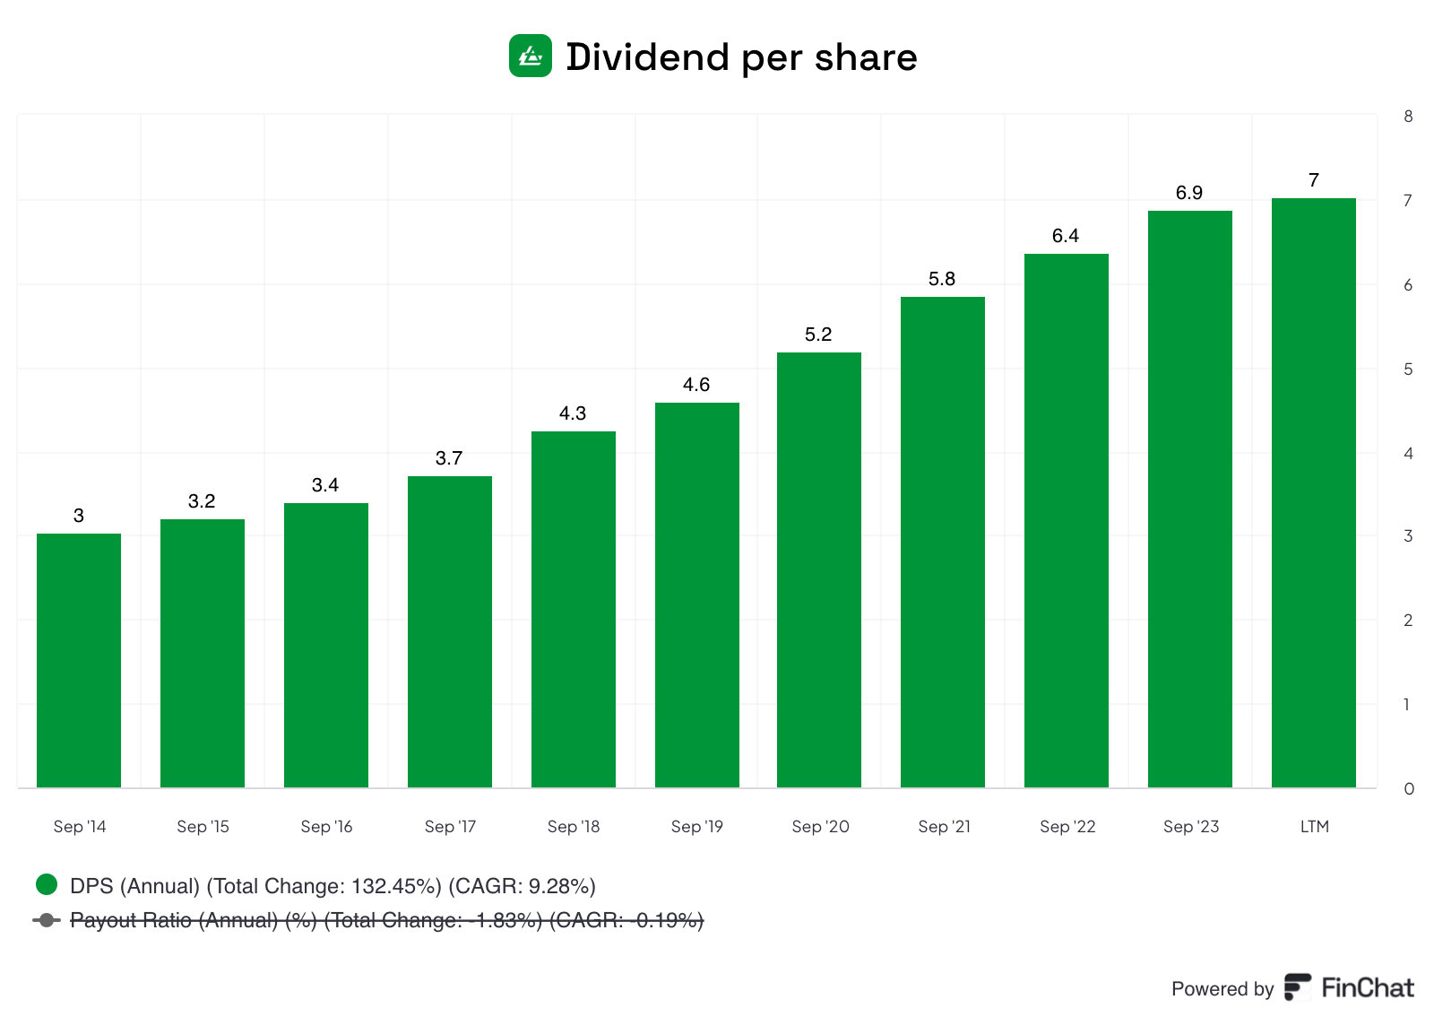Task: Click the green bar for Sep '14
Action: coord(79,660)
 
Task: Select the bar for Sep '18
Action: coord(574,610)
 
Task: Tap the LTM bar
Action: coord(1314,493)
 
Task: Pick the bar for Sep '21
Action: coord(943,543)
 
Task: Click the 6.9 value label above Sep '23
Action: coord(1189,193)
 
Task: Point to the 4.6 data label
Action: coord(696,385)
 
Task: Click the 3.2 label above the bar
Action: coord(202,501)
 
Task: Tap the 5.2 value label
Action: coord(818,335)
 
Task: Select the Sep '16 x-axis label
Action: coord(326,826)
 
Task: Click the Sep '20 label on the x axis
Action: coord(820,826)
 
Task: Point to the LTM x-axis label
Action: coord(1314,826)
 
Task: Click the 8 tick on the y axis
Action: coord(1408,117)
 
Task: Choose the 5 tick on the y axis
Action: coord(1408,369)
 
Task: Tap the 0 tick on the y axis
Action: coord(1408,789)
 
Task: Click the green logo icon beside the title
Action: coord(531,56)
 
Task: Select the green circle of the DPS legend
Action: coord(47,885)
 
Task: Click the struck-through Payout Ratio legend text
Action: coord(385,920)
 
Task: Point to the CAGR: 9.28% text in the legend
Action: coord(522,886)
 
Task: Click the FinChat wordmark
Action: coord(1367,987)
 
